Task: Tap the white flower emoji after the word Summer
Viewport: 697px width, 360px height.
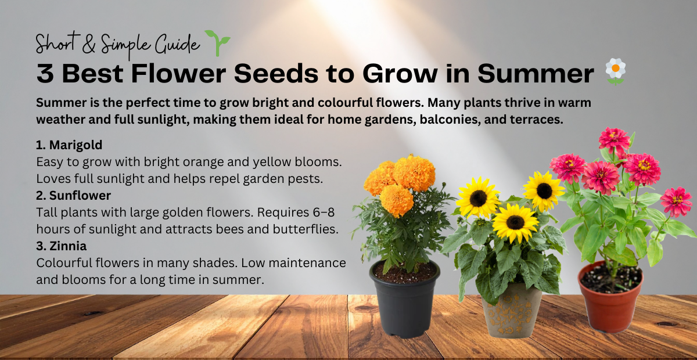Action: pyautogui.click(x=614, y=71)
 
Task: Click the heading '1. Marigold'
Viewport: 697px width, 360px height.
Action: pyautogui.click(x=69, y=145)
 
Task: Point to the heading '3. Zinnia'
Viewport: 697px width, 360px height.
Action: pyautogui.click(x=62, y=246)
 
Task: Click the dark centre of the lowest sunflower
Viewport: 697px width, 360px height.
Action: pyautogui.click(x=515, y=222)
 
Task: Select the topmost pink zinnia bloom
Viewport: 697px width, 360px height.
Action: pyautogui.click(x=614, y=139)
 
